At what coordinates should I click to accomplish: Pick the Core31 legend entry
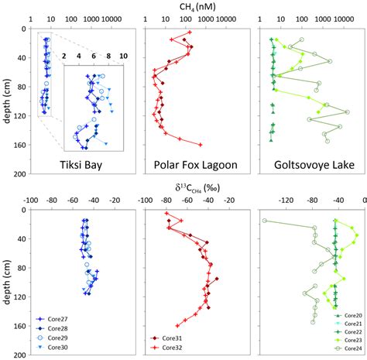(170, 338)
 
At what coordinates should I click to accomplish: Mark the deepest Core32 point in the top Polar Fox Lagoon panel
(201, 145)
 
